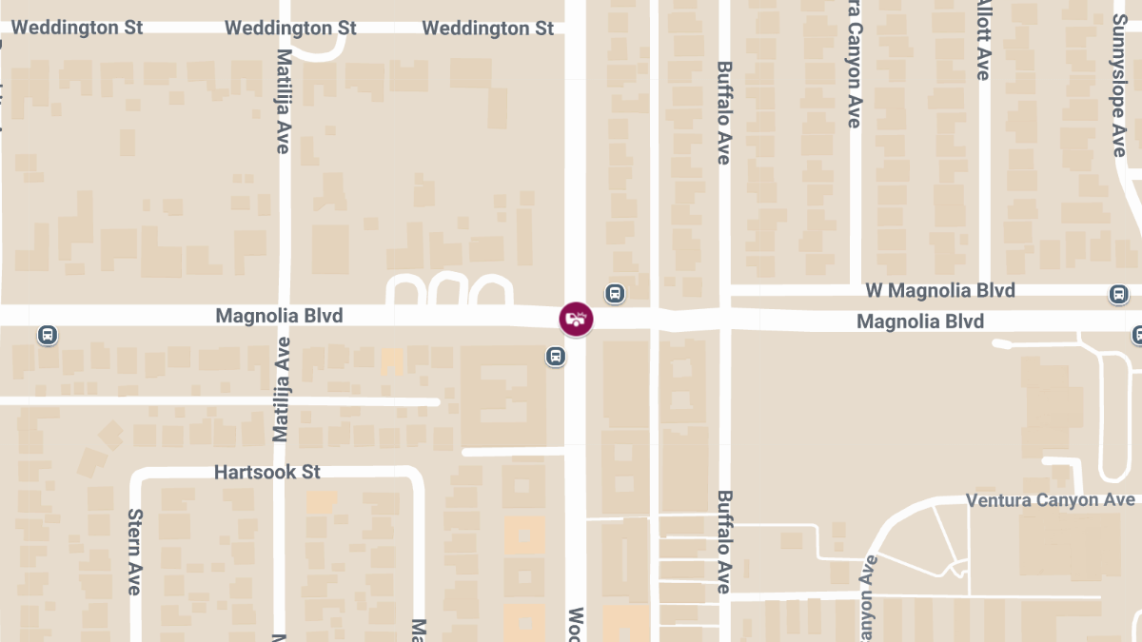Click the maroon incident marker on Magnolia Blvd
[576, 319]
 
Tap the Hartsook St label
[267, 472]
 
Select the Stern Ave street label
[134, 552]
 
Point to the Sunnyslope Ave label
[1119, 86]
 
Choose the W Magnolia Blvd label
[939, 290]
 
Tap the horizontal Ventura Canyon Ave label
[1050, 500]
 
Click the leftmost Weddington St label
[77, 28]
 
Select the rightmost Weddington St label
[488, 28]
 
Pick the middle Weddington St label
[291, 28]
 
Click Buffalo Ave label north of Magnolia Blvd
[724, 112]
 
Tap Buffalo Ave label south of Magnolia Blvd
[724, 542]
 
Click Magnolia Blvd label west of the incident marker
[279, 315]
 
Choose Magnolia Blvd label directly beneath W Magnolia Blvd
[920, 321]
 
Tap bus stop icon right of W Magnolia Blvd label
[1119, 294]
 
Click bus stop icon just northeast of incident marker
[616, 293]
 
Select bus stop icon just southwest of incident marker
[556, 356]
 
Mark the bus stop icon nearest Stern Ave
[47, 335]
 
